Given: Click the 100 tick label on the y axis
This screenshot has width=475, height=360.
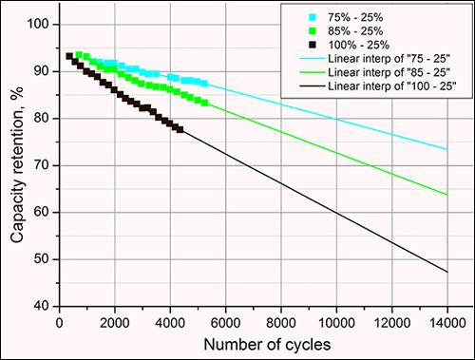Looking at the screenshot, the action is [38, 24].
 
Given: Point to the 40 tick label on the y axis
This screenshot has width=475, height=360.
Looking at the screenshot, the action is [42, 306].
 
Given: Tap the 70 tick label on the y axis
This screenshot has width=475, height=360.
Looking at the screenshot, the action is [42, 165].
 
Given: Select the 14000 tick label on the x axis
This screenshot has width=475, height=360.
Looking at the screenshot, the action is [447, 323].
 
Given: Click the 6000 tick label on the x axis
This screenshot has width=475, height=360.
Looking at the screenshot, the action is [225, 323].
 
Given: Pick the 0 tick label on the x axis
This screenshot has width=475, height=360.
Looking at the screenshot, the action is [60, 323].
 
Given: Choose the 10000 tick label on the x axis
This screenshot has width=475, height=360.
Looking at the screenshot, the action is [336, 323].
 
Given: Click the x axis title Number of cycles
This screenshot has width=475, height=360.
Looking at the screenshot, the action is [267, 345].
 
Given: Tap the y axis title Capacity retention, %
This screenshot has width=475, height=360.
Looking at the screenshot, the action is [18, 164].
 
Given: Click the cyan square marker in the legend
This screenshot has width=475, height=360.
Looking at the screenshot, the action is [313, 17].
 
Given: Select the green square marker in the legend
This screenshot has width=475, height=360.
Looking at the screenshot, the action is [313, 31].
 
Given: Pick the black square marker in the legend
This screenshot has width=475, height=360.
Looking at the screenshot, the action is [313, 45].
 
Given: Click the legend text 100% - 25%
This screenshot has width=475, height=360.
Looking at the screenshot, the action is [358, 45].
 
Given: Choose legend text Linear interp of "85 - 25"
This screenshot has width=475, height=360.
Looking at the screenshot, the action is [389, 72].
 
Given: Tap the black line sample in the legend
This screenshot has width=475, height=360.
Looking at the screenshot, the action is [313, 86].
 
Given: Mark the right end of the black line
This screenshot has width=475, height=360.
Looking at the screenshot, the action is [447, 272].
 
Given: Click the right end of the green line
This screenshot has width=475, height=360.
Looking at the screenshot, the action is [447, 195].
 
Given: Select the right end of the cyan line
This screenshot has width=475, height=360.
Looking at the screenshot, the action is [447, 149].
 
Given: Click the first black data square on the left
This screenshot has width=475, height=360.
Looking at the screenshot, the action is [69, 56].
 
